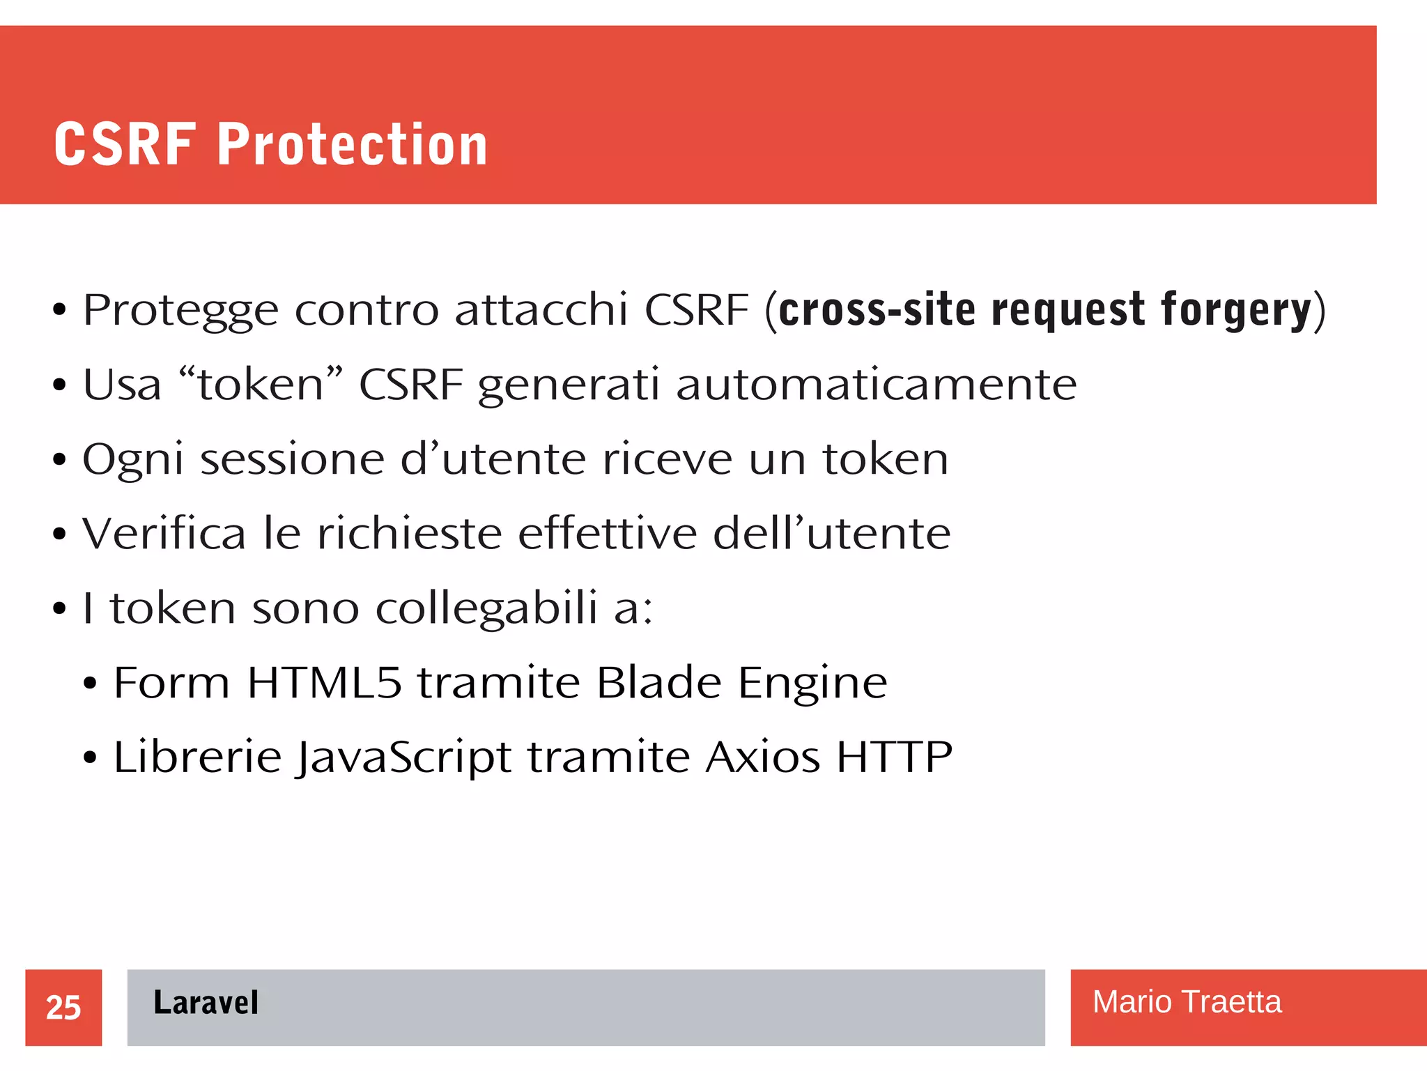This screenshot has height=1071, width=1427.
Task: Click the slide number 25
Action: coord(63,1008)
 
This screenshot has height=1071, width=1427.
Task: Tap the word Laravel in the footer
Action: coord(206,1003)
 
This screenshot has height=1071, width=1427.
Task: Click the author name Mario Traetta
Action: coord(1187,1002)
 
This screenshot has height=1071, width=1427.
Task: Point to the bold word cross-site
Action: coord(877,310)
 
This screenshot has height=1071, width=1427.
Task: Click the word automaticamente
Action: coord(876,385)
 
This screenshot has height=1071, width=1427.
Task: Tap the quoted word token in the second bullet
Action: coord(261,385)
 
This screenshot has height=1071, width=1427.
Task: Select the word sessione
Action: coord(293,459)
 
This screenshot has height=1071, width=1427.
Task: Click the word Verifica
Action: coord(164,534)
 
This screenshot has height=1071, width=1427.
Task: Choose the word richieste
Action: coord(410,534)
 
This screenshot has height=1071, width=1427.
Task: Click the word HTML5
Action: coord(325,682)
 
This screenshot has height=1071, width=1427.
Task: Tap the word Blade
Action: coord(658,682)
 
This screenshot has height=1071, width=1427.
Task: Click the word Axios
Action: coord(762,757)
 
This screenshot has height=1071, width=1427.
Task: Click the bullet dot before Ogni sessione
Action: coord(59,460)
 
